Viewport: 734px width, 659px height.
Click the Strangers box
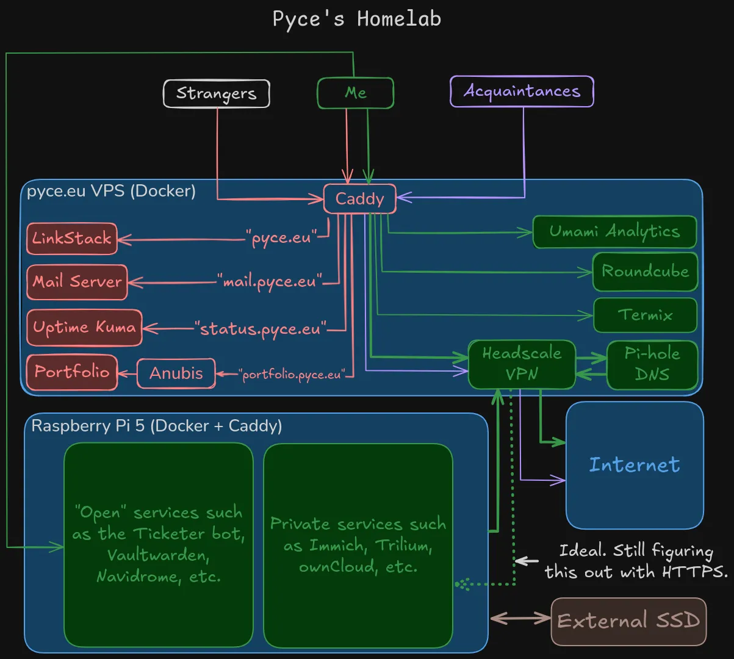[216, 94]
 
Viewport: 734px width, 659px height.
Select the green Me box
[355, 93]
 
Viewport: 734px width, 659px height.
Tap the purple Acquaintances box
[522, 92]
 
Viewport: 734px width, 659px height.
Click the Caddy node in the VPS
[359, 199]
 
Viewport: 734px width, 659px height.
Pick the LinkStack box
[71, 239]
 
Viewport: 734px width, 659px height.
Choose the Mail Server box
[77, 282]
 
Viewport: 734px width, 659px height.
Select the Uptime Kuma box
[84, 328]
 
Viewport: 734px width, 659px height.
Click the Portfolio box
[71, 372]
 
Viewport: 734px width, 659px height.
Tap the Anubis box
[176, 373]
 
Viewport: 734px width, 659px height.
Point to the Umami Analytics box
[614, 232]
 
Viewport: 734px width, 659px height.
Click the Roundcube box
[645, 272]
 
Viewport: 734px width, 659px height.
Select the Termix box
[645, 315]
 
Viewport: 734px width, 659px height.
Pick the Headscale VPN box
[522, 364]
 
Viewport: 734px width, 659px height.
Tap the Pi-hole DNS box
[652, 364]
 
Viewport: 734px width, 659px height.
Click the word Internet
[634, 465]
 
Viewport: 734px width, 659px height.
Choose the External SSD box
[628, 621]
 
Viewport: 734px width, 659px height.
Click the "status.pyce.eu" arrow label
[261, 329]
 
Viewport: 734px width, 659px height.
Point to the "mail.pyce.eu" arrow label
[269, 282]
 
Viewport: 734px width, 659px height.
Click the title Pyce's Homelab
[356, 19]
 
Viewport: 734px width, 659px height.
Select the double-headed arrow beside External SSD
[520, 619]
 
